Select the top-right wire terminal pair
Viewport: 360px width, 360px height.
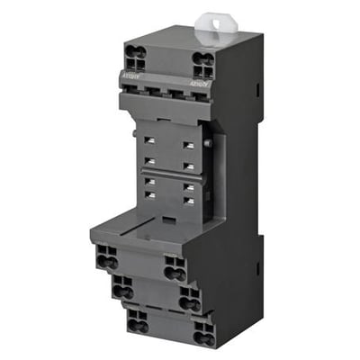(203, 64)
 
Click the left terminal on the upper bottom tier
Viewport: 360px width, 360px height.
(106, 256)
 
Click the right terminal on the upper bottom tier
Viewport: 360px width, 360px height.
(175, 267)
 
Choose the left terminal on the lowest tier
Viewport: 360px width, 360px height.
(137, 320)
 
